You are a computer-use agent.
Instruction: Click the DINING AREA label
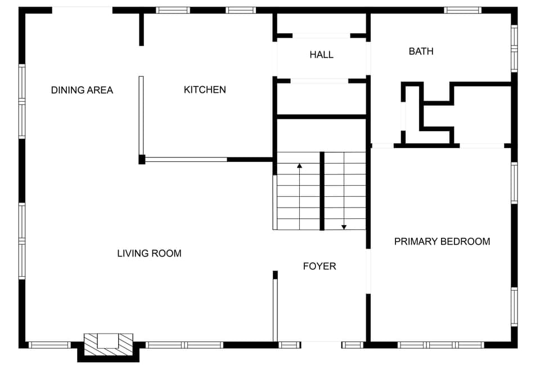[x=82, y=90]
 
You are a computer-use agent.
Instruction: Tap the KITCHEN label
[x=205, y=89]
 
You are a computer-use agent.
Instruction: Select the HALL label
[x=321, y=55]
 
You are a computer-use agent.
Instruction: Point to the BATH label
[x=421, y=51]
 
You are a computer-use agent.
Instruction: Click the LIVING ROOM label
[x=149, y=253]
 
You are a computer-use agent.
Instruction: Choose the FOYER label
[x=319, y=266]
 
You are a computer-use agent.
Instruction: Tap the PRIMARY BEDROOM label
[x=442, y=241]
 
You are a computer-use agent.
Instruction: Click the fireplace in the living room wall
[x=109, y=344]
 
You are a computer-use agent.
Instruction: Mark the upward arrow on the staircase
[x=299, y=166]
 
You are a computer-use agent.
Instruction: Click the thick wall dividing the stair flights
[x=322, y=191]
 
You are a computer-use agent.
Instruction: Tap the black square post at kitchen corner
[x=142, y=159]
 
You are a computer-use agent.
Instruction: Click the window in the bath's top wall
[x=462, y=10]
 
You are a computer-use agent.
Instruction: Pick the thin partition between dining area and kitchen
[x=141, y=115]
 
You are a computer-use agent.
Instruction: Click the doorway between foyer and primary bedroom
[x=368, y=271]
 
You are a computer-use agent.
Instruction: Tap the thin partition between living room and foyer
[x=275, y=309]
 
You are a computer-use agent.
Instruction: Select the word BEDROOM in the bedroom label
[x=466, y=241]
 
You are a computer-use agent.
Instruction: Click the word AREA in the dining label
[x=100, y=90]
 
